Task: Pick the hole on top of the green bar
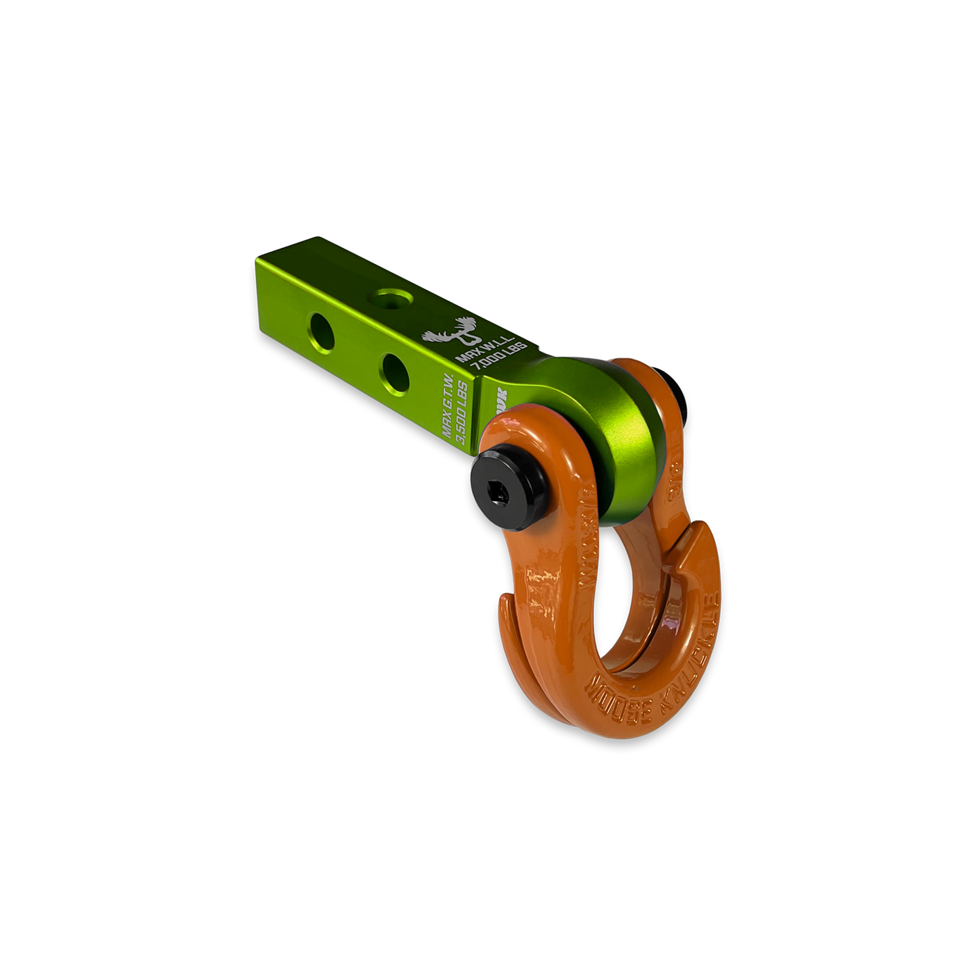390,298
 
